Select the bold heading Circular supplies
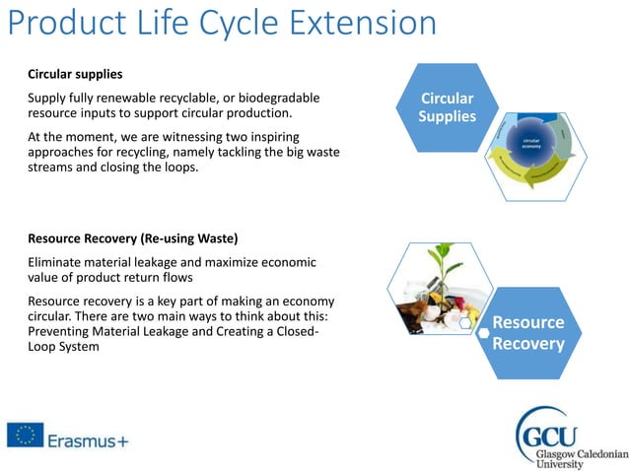tap(75, 74)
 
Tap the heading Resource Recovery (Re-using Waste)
tap(133, 238)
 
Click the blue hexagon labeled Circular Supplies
tap(447, 108)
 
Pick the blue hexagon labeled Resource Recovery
tap(527, 333)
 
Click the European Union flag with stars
tap(25, 435)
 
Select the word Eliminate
tap(57, 262)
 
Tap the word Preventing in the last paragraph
tap(61, 331)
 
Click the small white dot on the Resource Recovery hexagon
tap(484, 333)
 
